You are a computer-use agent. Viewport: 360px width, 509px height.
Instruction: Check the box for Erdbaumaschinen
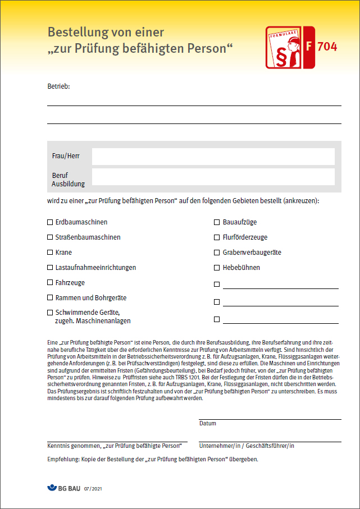(50, 222)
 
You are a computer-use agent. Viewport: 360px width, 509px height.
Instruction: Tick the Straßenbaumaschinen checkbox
(50, 237)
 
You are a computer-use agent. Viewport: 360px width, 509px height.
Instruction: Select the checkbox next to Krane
(50, 253)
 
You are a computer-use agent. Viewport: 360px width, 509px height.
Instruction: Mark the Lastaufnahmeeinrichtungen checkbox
(50, 268)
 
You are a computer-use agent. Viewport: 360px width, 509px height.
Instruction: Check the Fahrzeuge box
(50, 283)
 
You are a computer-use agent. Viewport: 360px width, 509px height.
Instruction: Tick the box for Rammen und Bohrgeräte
(50, 298)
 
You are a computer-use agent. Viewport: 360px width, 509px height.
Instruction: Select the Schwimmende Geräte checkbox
(50, 313)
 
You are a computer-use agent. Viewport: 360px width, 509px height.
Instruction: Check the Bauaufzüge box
(217, 222)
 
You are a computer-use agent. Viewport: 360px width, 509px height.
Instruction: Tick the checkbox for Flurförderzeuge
(217, 237)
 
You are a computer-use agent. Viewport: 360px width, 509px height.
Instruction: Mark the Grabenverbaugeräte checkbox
(217, 253)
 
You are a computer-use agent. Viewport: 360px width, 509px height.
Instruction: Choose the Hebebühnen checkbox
(217, 268)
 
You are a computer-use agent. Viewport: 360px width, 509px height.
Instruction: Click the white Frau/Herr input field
(213, 157)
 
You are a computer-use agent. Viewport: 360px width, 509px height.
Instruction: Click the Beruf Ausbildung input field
(213, 177)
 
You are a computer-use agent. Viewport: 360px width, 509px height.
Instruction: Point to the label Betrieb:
(58, 86)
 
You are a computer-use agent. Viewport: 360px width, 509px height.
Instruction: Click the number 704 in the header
(327, 47)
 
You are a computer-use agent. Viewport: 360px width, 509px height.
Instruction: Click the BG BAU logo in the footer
(63, 489)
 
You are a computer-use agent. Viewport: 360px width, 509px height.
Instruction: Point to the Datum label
(208, 423)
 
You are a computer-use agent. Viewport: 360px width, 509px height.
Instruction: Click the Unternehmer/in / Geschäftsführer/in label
(247, 446)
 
